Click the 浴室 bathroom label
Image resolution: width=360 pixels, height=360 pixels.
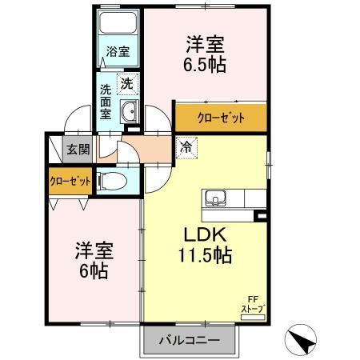118,53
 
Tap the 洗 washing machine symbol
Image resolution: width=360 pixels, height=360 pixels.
126,82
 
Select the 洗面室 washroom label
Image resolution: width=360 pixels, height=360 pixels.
106,102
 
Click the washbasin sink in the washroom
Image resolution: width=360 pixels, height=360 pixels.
129,110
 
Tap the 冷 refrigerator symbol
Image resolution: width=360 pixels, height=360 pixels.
186,147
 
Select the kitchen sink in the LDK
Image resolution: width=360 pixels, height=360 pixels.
216,198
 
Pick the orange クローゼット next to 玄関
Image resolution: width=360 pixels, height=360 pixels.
70,180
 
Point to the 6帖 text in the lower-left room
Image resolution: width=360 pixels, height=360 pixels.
93,270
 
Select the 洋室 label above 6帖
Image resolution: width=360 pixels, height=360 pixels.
93,249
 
